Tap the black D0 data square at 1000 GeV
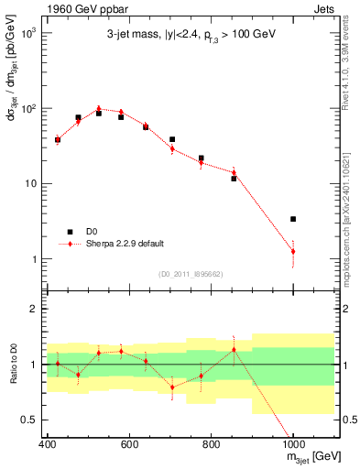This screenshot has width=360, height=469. (x=293, y=219)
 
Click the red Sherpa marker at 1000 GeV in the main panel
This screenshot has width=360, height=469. (x=293, y=251)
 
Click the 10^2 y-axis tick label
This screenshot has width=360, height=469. (x=29, y=108)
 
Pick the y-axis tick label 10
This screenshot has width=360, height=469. (x=32, y=183)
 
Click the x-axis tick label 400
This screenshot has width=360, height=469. (x=47, y=444)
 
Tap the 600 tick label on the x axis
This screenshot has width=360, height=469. (x=129, y=444)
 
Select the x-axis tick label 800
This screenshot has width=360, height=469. (x=211, y=444)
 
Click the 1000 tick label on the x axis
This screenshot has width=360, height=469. (x=293, y=444)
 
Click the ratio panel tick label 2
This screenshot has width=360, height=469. (x=35, y=310)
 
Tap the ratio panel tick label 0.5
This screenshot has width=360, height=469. (x=32, y=420)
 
